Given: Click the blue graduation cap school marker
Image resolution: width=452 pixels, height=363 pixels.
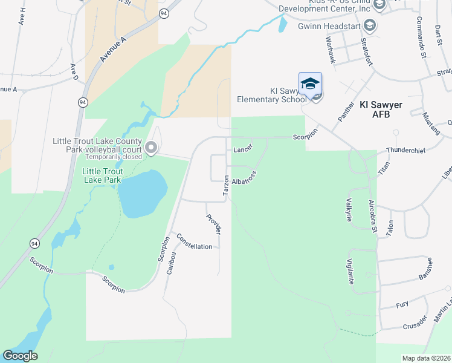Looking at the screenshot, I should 310,83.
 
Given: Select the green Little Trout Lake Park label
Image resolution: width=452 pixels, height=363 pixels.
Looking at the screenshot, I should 102,175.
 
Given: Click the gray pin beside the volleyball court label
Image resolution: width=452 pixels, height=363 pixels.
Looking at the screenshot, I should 151,147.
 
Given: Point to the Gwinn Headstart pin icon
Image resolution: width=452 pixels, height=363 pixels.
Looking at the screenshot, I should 370,26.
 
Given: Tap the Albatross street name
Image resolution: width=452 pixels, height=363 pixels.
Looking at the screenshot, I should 244,181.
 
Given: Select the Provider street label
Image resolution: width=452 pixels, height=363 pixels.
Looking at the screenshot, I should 213,224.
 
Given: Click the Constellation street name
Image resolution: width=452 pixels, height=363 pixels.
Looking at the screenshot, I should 194,243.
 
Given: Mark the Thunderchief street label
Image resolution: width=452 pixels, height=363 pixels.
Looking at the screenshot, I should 403,149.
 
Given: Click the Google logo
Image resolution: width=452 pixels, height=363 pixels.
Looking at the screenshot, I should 20,356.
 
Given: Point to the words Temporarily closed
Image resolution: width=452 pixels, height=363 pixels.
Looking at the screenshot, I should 115,156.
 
